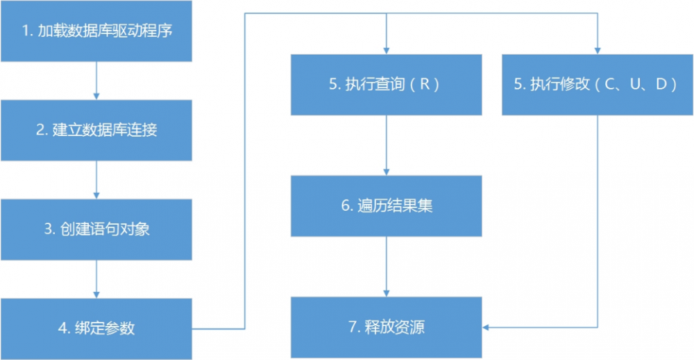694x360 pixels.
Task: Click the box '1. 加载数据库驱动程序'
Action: tap(96, 31)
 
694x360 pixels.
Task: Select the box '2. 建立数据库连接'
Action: tap(96, 130)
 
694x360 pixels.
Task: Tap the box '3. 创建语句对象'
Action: tap(96, 230)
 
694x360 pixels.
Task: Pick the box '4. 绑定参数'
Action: tap(96, 328)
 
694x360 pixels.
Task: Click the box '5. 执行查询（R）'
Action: tap(386, 85)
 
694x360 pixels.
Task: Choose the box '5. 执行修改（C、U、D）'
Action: tap(598, 85)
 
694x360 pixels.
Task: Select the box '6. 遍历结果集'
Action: tap(386, 206)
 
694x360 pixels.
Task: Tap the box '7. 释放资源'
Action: tap(386, 327)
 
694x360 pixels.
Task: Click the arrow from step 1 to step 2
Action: tap(96, 80)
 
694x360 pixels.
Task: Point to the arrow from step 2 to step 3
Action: tap(96, 180)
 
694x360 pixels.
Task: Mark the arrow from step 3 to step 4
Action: tap(96, 279)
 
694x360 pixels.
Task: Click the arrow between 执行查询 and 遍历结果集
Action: tap(386, 145)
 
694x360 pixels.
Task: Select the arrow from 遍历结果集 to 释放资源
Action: tap(386, 266)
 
